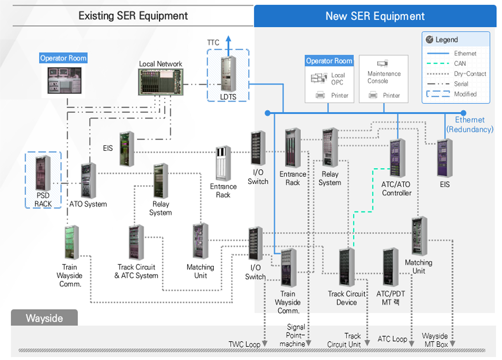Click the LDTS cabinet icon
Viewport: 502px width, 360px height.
[x=229, y=74]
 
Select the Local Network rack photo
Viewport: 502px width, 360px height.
[x=161, y=82]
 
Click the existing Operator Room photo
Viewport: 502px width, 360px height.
[x=64, y=80]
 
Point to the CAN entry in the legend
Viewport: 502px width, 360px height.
[x=459, y=64]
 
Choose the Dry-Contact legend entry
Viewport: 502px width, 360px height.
[x=470, y=74]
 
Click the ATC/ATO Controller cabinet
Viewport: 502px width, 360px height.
[x=397, y=158]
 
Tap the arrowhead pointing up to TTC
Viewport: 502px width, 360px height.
[x=229, y=39]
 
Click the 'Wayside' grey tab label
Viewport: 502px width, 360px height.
[x=45, y=318]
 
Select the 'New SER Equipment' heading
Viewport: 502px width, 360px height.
[x=375, y=16]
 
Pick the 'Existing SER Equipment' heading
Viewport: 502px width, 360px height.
[x=133, y=16]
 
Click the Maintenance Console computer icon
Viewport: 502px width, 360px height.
[x=383, y=63]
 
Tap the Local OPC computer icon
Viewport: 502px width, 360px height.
[x=319, y=78]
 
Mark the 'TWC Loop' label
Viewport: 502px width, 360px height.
[x=244, y=344]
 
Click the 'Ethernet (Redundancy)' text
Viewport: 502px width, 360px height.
[x=470, y=125]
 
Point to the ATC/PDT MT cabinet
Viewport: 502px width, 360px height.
[x=391, y=267]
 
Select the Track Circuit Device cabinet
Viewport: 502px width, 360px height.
[x=347, y=267]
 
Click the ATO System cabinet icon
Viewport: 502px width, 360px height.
[x=88, y=181]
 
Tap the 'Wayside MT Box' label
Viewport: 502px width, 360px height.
[x=435, y=340]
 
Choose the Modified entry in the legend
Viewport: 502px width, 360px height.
[x=465, y=94]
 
